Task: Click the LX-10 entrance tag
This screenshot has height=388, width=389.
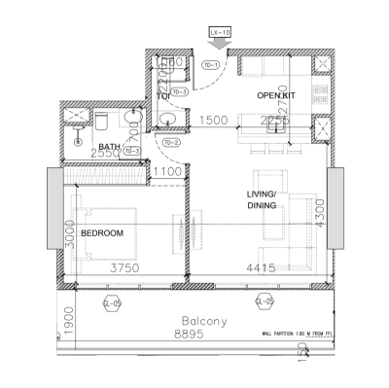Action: pos(221,32)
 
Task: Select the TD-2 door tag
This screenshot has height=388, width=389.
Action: pos(170,144)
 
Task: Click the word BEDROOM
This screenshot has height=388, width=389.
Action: pos(101,234)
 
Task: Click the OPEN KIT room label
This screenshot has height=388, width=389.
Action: pos(275,95)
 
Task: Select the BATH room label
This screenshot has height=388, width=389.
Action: pos(109,148)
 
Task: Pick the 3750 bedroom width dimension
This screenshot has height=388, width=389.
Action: pos(125,268)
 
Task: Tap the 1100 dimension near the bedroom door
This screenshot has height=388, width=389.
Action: pos(167,172)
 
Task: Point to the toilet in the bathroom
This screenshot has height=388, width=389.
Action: pos(100,121)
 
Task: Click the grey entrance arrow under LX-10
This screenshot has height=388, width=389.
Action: pos(221,44)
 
